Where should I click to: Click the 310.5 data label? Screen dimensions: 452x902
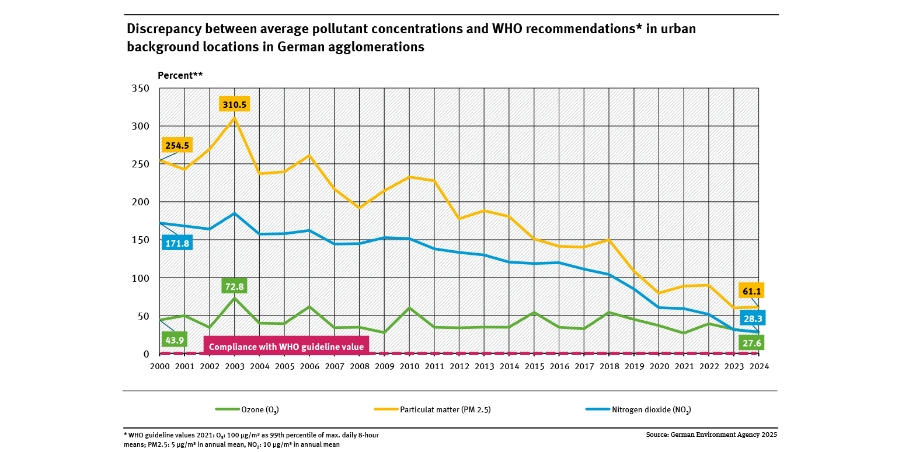(235, 104)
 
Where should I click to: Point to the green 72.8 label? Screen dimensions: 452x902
(234, 286)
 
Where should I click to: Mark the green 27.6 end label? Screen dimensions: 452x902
(750, 343)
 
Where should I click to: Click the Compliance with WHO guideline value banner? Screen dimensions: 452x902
(286, 346)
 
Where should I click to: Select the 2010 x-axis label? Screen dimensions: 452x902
(409, 367)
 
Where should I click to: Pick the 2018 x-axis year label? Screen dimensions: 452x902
(609, 367)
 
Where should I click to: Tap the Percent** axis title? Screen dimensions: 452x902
(180, 75)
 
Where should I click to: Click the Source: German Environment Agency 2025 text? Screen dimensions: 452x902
(712, 435)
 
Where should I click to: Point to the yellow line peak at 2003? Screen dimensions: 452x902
(235, 118)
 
